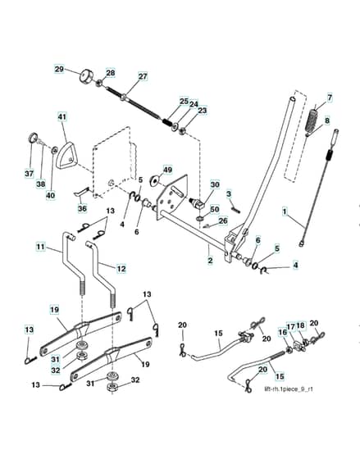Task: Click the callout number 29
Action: [x=59, y=70]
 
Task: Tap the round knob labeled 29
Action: [x=86, y=76]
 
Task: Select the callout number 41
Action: [x=62, y=116]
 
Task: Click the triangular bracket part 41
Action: [x=67, y=156]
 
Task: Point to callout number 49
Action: [x=167, y=170]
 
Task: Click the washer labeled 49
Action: [x=154, y=180]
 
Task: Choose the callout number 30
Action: [x=215, y=184]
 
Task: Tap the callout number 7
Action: [x=330, y=98]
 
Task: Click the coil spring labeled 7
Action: [x=312, y=121]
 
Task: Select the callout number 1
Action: [x=285, y=211]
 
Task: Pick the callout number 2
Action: [x=210, y=261]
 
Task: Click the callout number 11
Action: [x=40, y=247]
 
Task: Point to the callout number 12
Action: [x=121, y=269]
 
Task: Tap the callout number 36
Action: [x=82, y=208]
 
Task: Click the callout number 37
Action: [x=29, y=173]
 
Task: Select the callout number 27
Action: [x=143, y=76]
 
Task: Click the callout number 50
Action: [x=215, y=209]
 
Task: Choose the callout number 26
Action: [x=223, y=220]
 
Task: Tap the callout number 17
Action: [x=290, y=326]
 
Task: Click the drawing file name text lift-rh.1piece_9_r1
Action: [x=289, y=389]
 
